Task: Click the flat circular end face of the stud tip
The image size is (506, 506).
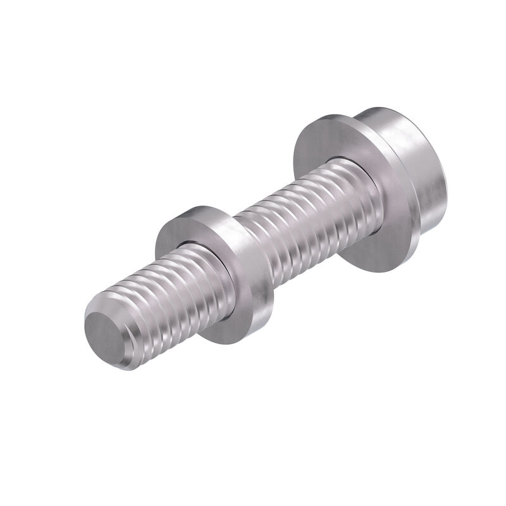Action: point(105,335)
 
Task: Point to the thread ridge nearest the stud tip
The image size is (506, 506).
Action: point(136,316)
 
